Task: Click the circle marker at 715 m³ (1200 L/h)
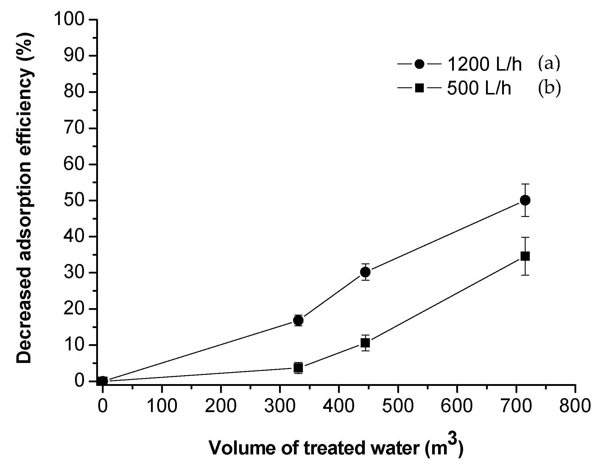[x=525, y=200]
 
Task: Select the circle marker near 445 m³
[x=365, y=272]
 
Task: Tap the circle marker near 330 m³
[x=298, y=320]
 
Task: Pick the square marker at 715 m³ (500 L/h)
[x=525, y=256]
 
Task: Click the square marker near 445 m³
[x=365, y=343]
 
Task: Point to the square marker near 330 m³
[x=298, y=368]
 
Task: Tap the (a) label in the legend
[x=549, y=64]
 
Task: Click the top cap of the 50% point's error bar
[x=525, y=184]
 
